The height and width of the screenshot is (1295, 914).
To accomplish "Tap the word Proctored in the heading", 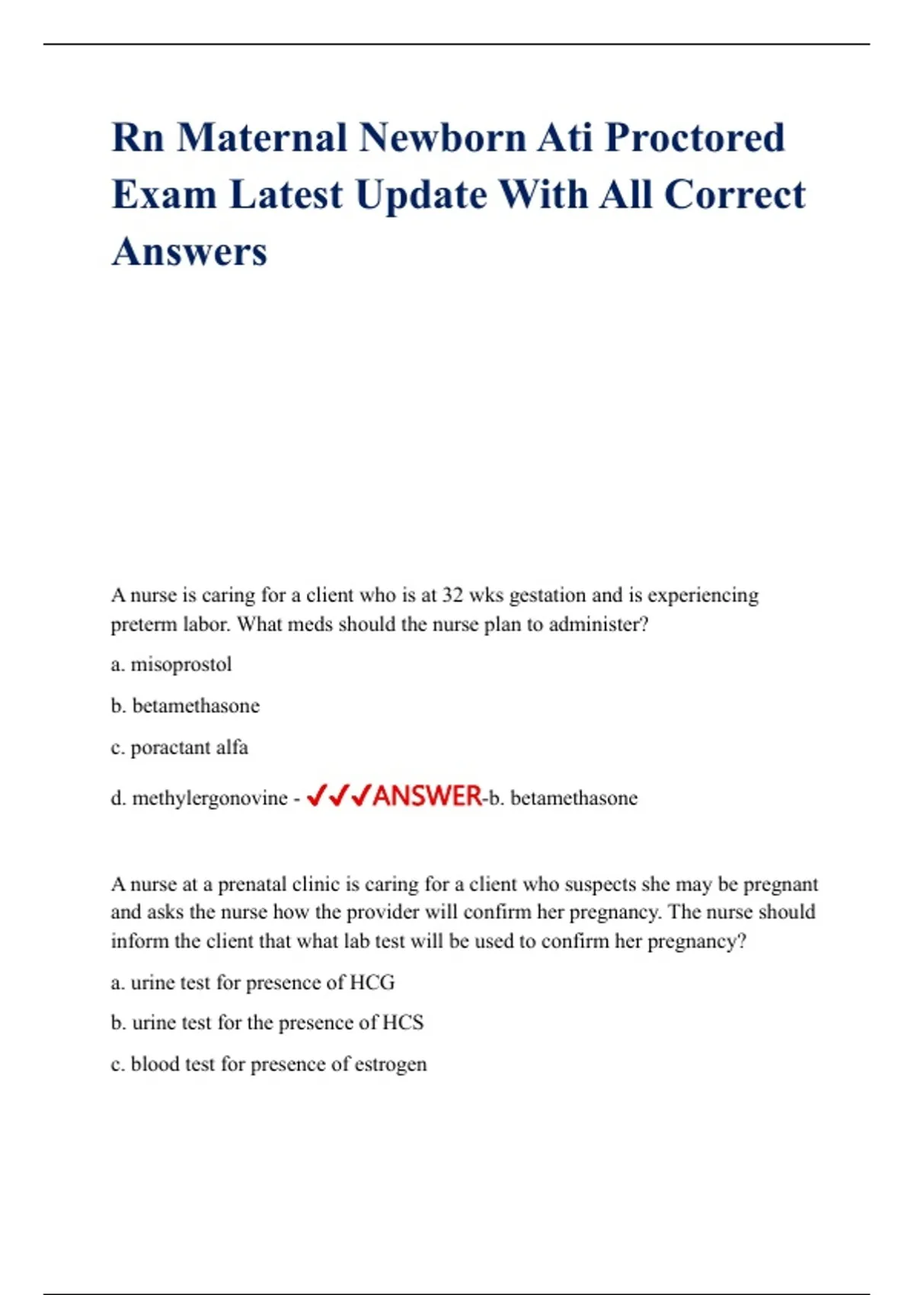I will (x=695, y=139).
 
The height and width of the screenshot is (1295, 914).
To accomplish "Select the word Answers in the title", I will (x=190, y=252).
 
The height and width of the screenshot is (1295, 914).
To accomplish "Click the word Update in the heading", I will (x=421, y=196).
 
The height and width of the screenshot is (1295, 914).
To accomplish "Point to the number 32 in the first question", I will (x=452, y=595).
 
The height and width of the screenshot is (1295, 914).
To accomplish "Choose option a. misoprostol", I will (x=171, y=664).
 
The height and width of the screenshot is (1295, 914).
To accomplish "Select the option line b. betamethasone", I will (x=185, y=706).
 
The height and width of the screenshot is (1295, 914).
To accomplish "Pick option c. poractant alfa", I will (x=180, y=747).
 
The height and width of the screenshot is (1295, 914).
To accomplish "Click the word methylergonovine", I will (x=209, y=798).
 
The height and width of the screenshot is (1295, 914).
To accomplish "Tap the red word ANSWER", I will (x=428, y=797).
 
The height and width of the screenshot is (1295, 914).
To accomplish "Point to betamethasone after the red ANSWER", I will (x=574, y=798).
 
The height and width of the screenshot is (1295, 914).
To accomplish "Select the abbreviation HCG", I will (x=372, y=983).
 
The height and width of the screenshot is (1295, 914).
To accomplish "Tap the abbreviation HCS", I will (x=402, y=1022).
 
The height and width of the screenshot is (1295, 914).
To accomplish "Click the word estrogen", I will (x=391, y=1064).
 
